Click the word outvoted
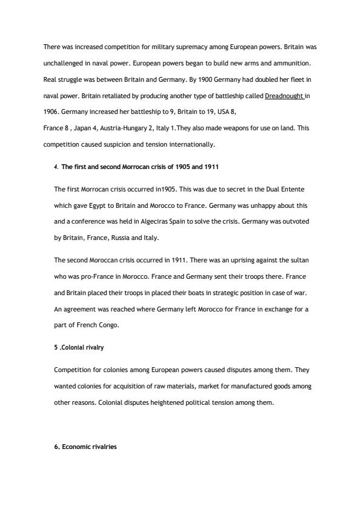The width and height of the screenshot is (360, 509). tap(296, 222)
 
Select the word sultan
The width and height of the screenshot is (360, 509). tap(300, 261)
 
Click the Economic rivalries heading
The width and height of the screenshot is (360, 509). tap(85, 447)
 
